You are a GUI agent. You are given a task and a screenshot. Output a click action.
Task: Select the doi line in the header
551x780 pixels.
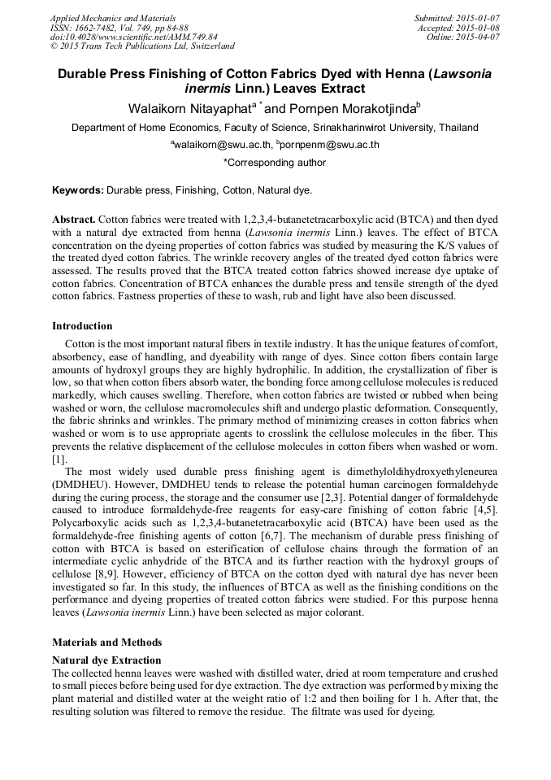pos(134,37)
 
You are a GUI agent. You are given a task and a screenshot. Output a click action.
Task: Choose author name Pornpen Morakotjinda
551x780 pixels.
pos(350,108)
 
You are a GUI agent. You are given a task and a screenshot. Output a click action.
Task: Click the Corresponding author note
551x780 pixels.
pos(275,163)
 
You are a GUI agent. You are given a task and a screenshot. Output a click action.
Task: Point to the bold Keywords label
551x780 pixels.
pos(77,190)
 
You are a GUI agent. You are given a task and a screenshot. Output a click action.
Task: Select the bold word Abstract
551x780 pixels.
pos(74,220)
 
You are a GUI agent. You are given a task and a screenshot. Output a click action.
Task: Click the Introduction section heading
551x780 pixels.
pos(82,326)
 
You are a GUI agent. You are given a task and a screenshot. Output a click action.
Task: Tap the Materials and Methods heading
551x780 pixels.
pos(106,642)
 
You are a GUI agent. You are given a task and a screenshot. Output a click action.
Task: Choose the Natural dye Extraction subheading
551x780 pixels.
pos(106,660)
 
